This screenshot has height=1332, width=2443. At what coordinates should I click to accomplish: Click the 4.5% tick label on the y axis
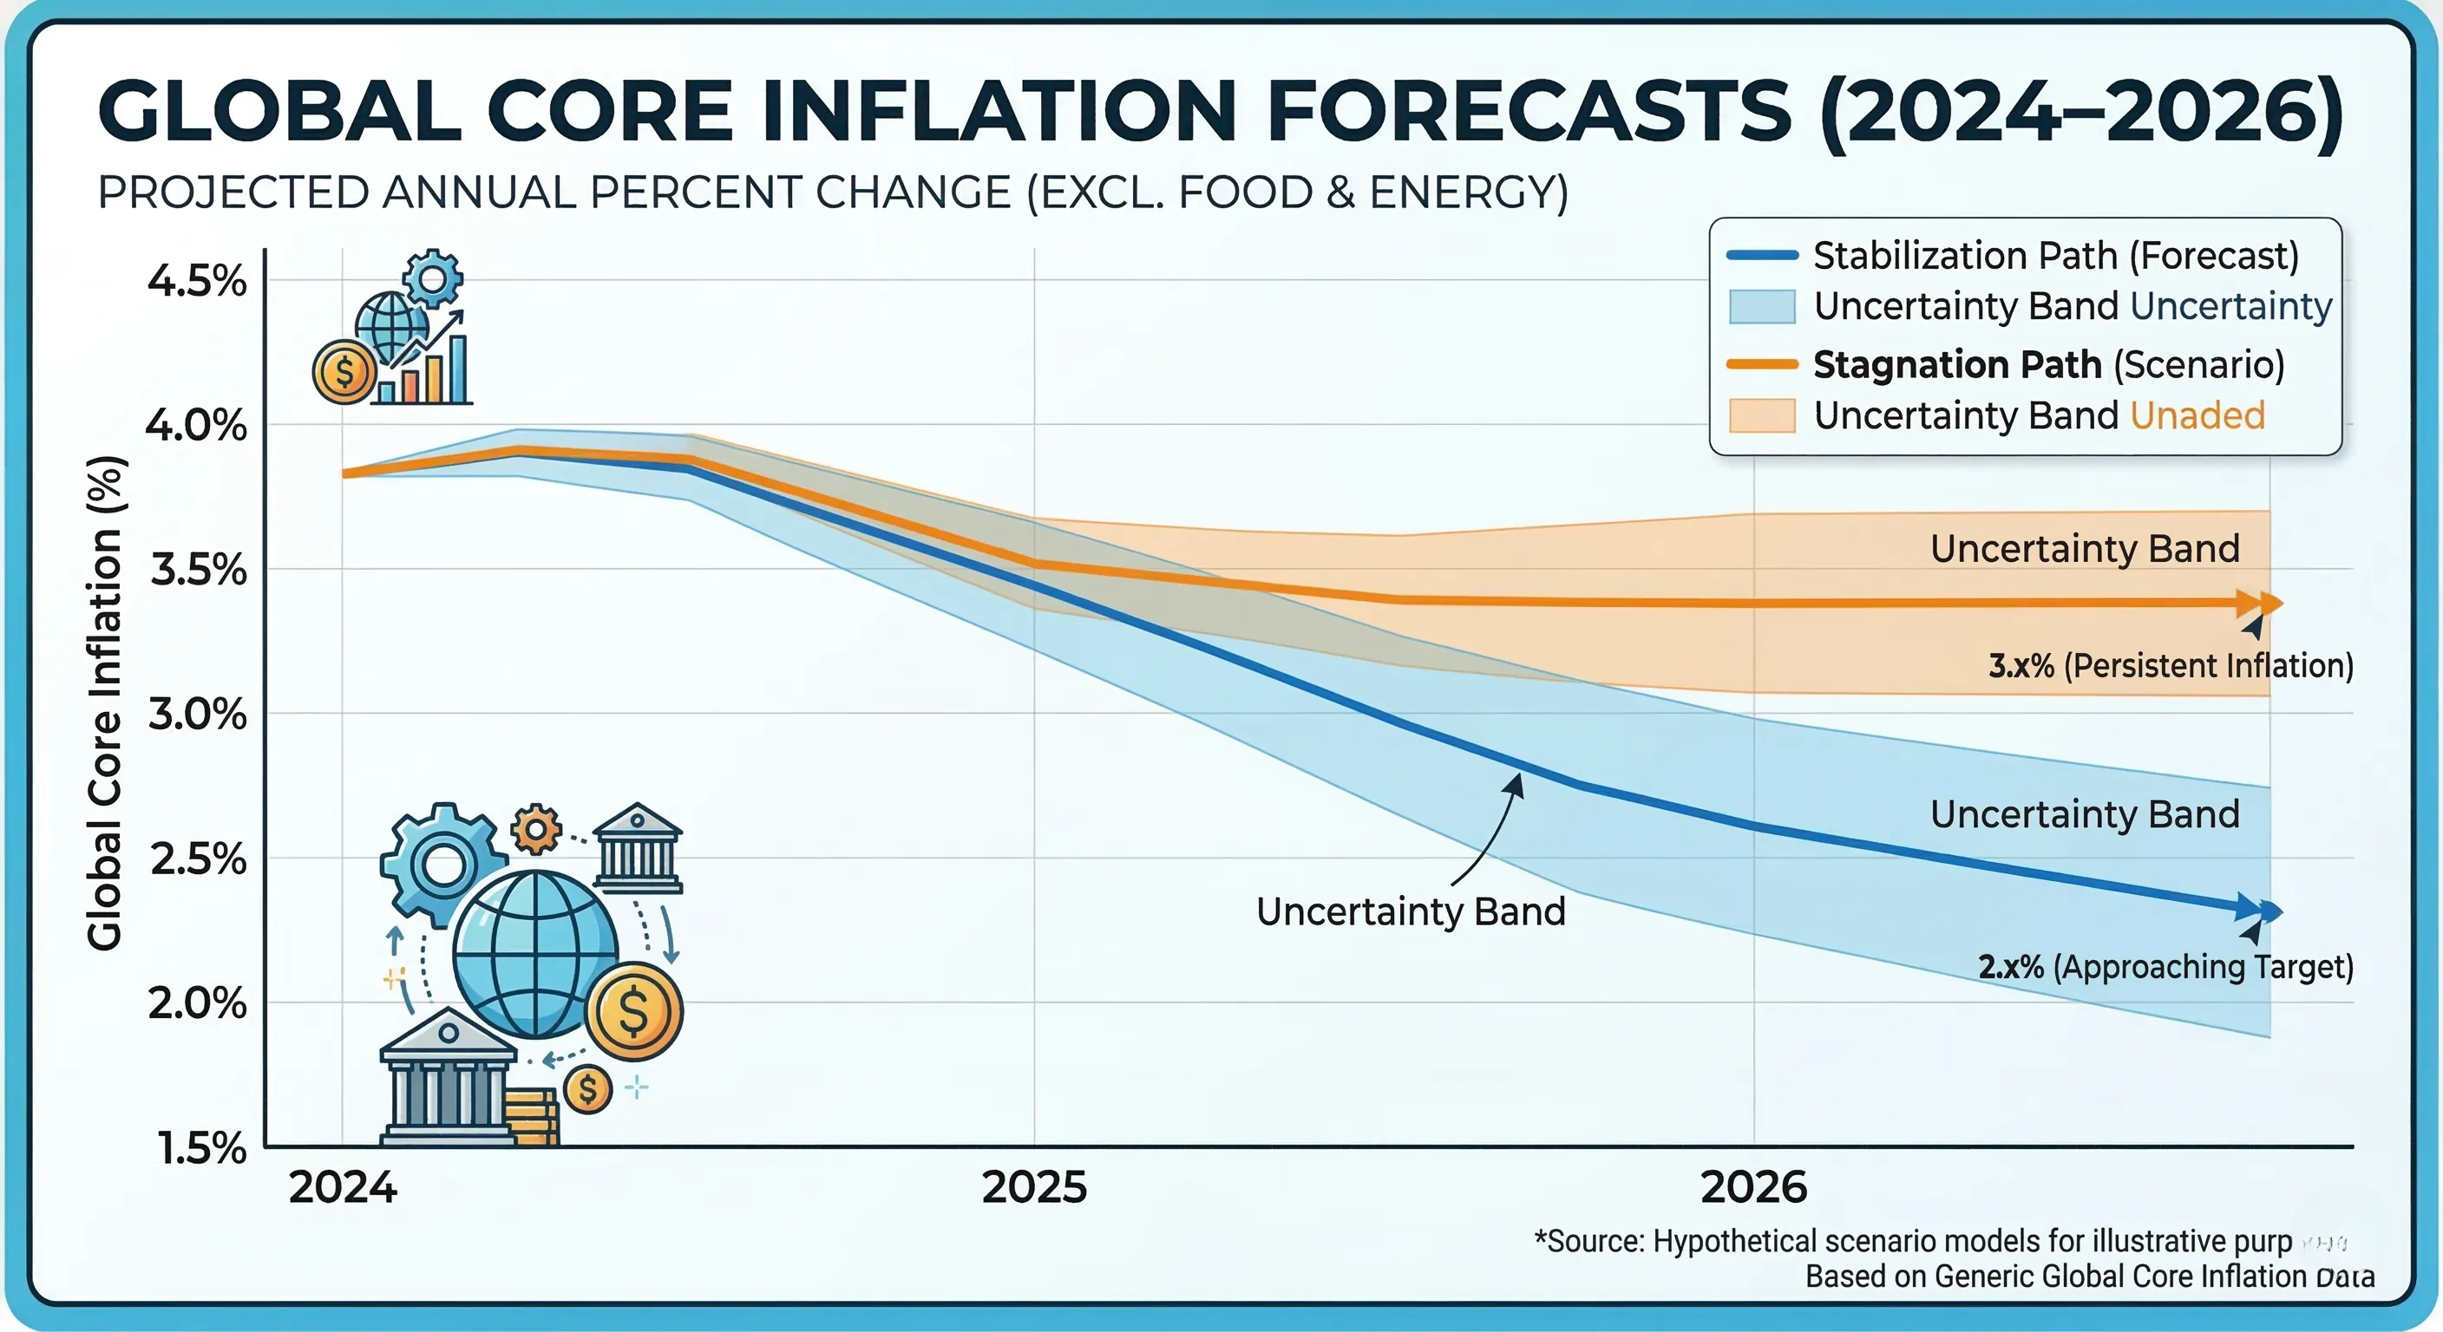pos(196,282)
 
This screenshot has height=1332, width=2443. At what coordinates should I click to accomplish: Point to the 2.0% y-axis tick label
pos(196,1003)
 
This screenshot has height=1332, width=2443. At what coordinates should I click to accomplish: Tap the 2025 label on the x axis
pos(1034,1187)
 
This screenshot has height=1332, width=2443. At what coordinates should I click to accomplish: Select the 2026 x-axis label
pos(1753,1187)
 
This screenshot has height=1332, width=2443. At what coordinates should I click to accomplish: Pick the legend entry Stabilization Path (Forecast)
pos(2055,256)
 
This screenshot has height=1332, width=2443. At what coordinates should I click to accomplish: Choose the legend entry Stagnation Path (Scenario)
pos(2048,365)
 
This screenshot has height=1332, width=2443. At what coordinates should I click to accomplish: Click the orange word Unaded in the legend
pos(2197,416)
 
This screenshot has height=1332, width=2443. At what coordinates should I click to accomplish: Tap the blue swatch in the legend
pos(1761,306)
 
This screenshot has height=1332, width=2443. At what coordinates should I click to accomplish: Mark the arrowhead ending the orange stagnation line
pos(2268,604)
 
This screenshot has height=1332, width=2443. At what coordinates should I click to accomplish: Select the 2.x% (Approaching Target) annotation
pos(2165,967)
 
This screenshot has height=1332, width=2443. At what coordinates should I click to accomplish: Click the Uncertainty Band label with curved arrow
pos(1411,912)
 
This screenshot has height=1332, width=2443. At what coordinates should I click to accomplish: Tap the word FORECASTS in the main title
pos(1528,112)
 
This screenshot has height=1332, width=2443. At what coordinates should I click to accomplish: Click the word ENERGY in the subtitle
pos(1460,193)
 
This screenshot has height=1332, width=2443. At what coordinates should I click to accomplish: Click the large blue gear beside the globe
pos(443,864)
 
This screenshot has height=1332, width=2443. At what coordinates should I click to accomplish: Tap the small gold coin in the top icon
pos(344,373)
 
